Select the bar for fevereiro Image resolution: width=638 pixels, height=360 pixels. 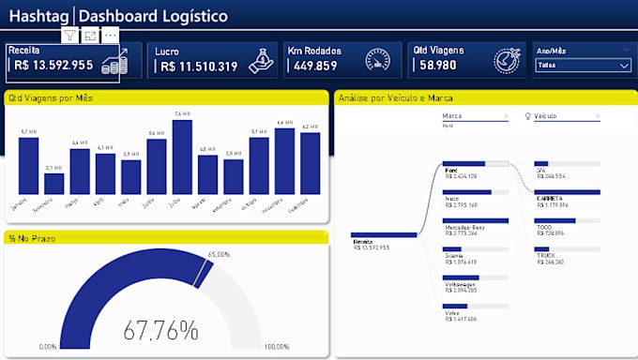click(x=54, y=183)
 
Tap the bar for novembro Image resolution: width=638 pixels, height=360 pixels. click(x=284, y=160)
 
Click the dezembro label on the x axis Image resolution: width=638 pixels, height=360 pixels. click(x=309, y=205)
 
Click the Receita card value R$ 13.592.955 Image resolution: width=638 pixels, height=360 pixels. click(x=53, y=66)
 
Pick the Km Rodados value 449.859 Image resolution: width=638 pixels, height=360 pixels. click(x=316, y=67)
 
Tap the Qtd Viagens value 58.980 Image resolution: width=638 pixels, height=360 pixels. click(x=440, y=67)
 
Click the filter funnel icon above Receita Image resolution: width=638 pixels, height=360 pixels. click(x=69, y=35)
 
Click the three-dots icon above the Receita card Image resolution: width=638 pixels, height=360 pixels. click(x=111, y=35)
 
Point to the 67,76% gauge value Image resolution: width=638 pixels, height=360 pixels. click(x=161, y=330)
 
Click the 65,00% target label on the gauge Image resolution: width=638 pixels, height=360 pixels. click(x=219, y=254)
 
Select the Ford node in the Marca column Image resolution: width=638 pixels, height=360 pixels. click(x=476, y=164)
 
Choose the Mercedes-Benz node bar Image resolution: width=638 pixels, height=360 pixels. click(x=476, y=221)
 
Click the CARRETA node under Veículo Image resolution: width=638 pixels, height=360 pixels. click(x=567, y=193)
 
